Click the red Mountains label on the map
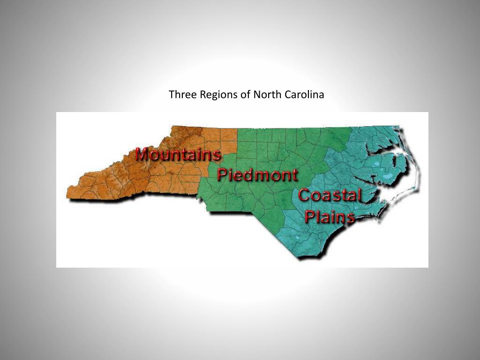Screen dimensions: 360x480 (178, 154)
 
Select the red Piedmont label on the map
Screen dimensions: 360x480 (257, 175)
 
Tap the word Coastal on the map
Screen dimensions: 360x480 (330, 195)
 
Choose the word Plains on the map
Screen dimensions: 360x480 (329, 217)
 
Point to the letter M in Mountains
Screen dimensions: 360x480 (142, 154)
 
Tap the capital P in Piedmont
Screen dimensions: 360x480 (223, 174)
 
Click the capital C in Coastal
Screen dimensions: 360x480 (305, 195)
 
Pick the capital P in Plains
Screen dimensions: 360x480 (310, 217)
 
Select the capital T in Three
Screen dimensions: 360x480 (171, 95)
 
